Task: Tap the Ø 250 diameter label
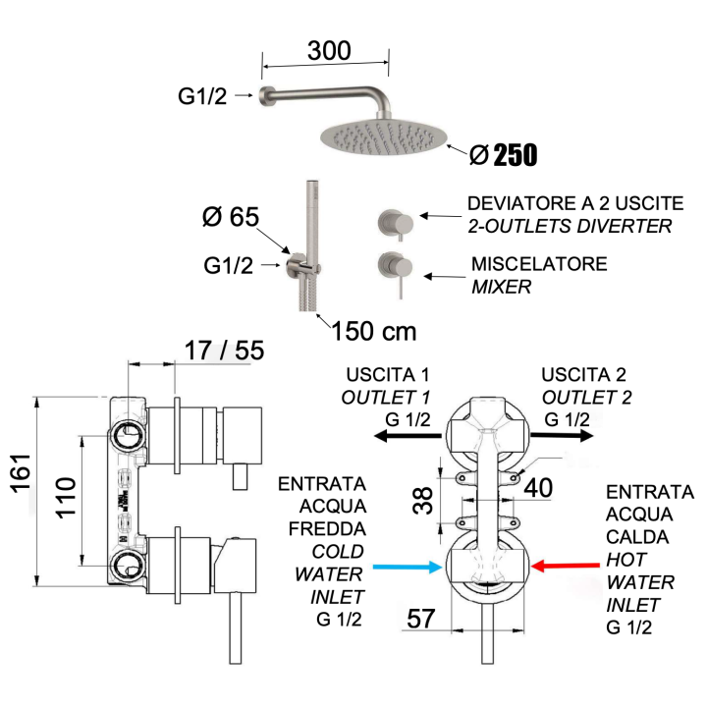[503, 154]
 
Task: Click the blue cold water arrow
[405, 567]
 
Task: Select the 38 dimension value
[421, 503]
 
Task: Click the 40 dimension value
[538, 486]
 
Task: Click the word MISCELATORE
[539, 265]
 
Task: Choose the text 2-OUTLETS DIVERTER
[570, 227]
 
